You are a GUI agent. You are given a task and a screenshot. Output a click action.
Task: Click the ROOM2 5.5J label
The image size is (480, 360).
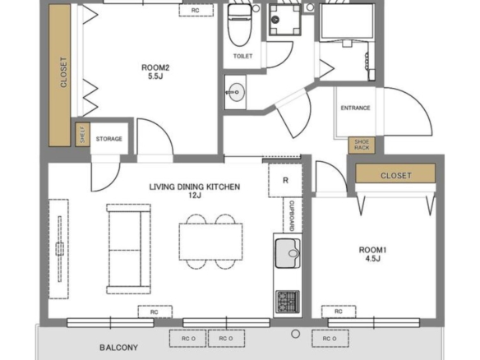tap(155, 72)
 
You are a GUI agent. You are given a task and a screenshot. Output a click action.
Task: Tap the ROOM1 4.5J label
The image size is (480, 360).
tap(372, 254)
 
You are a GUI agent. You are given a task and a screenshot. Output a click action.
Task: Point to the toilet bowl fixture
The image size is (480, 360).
tap(240, 25)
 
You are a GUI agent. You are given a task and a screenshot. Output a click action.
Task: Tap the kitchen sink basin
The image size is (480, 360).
tap(288, 253)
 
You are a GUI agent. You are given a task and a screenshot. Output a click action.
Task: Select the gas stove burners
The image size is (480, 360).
tap(288, 302)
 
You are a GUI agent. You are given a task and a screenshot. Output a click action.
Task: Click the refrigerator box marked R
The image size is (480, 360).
tap(285, 180)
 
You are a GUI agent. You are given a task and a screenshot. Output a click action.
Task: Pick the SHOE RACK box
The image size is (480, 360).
tap(362, 145)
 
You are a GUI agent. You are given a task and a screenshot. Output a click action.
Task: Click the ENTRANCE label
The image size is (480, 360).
tap(355, 108)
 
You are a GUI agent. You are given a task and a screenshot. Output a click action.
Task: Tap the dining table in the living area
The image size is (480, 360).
tap(211, 242)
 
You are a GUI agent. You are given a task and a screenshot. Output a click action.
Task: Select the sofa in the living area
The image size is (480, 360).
tap(128, 249)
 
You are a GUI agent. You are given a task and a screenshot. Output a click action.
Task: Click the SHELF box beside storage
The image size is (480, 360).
tap(83, 135)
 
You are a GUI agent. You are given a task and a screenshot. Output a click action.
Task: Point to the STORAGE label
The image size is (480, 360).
tap(109, 139)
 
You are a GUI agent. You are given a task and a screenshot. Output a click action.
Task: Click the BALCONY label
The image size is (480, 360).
tap(119, 348)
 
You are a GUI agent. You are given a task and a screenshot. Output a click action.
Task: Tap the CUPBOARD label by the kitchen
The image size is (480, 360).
tap(292, 215)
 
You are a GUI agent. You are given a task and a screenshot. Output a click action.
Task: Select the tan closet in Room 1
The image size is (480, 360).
tap(395, 173)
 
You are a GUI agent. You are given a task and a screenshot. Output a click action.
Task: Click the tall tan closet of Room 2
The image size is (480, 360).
tap(60, 76)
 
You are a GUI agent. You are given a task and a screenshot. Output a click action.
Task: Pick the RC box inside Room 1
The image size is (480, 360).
tap(339, 312)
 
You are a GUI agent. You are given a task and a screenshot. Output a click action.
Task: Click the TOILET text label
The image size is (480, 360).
tap(242, 57)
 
